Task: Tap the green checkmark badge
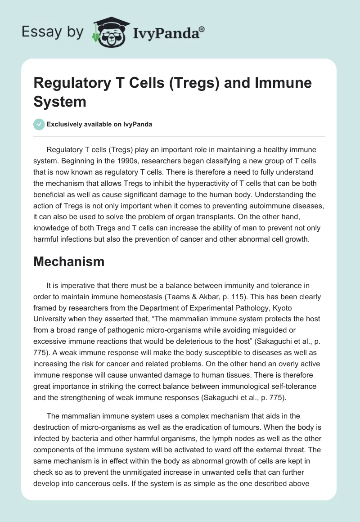(x=39, y=124)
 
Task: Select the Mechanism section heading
(x=69, y=261)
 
